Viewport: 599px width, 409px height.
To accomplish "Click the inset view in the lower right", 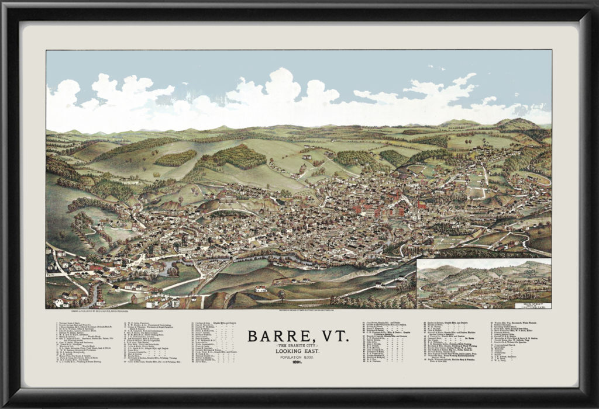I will point(484,284).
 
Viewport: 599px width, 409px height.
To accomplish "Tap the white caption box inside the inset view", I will point(531,304).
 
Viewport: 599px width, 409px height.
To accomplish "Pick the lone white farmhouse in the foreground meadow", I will point(261,289).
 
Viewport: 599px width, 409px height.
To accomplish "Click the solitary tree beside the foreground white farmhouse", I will point(281,293).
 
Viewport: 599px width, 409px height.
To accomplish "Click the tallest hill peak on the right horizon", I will point(518,123).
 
